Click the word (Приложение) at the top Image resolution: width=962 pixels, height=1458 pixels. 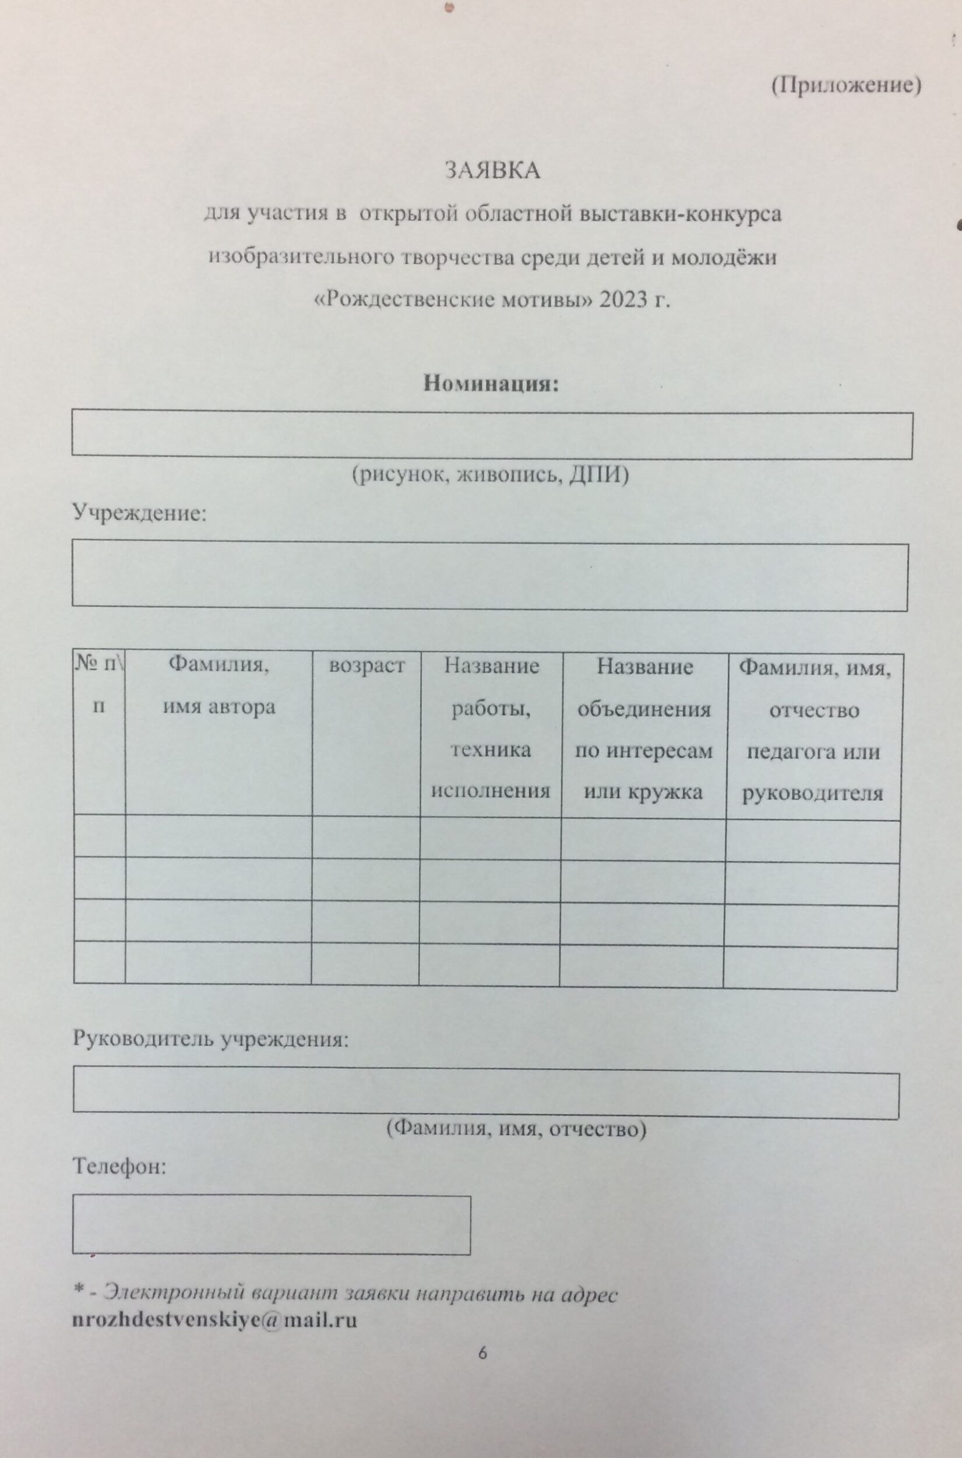click(845, 86)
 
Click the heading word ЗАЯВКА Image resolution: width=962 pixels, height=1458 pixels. click(492, 171)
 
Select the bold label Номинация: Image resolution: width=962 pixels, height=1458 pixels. click(491, 384)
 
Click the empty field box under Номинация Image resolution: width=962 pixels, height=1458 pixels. click(491, 435)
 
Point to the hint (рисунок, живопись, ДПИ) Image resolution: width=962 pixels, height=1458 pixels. click(490, 476)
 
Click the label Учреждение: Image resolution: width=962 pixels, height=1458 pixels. click(140, 512)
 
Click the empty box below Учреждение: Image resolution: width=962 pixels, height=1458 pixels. click(489, 576)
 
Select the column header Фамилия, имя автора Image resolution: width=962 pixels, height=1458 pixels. click(219, 686)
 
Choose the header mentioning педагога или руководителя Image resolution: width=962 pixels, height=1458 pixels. click(813, 730)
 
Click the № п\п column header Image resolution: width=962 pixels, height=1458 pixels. click(100, 685)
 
